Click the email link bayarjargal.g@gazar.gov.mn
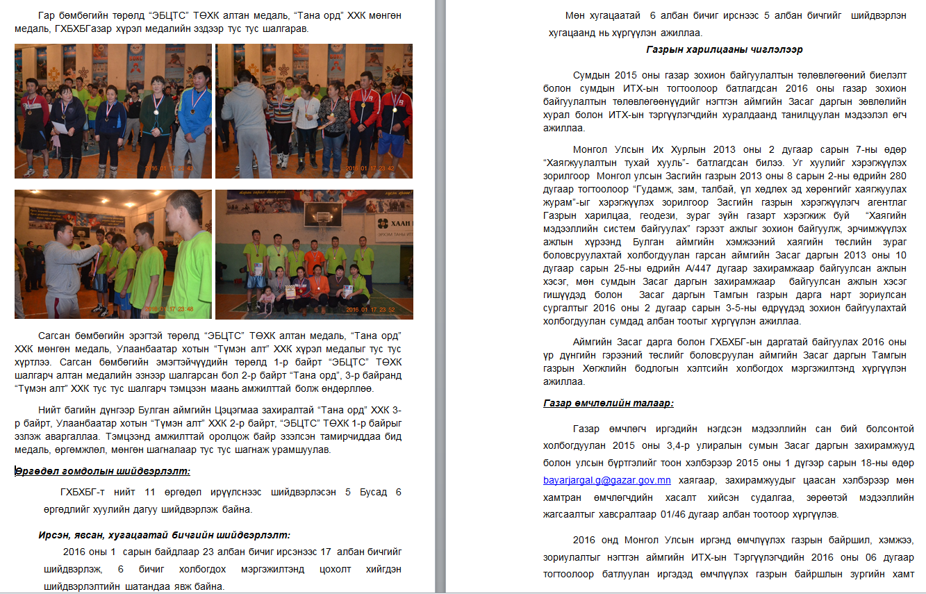click(606, 480)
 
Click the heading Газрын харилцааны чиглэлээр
click(724, 50)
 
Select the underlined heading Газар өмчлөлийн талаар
click(609, 404)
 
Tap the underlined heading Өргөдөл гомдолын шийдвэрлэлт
click(103, 472)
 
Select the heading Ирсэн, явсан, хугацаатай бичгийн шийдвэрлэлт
click(164, 535)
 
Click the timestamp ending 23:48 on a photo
click(178, 310)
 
